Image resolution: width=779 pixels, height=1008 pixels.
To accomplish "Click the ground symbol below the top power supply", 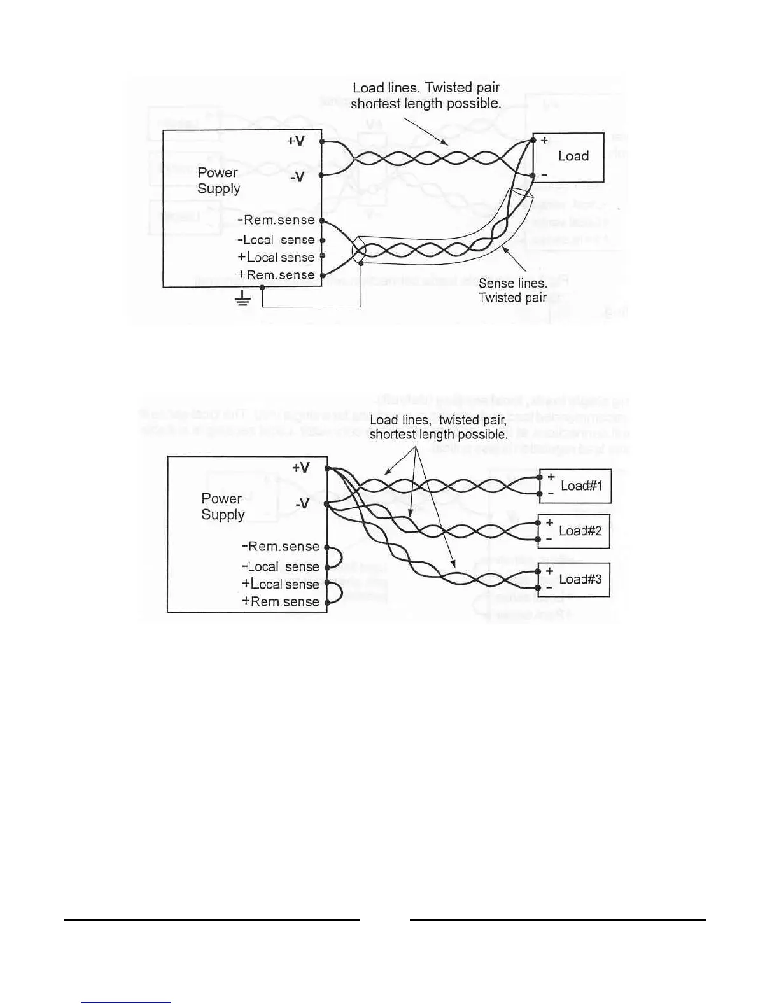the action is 242,299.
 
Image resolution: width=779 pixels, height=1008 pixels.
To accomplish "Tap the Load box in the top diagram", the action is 568,157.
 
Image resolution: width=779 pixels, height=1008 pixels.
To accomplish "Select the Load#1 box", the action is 575,486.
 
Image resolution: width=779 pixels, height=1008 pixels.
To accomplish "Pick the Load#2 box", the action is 574,531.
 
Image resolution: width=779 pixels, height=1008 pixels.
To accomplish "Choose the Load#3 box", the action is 574,579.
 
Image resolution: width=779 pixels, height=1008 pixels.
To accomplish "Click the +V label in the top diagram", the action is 295,141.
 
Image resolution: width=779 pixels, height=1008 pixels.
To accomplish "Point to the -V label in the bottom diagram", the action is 302,504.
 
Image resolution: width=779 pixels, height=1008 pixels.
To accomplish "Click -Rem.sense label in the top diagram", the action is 276,220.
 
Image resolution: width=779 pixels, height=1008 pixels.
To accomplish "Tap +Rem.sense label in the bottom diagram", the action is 280,602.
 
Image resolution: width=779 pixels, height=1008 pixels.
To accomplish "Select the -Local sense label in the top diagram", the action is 276,240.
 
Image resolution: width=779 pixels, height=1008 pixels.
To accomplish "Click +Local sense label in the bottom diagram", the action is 280,584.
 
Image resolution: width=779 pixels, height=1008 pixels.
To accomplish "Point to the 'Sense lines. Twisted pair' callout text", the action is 513,290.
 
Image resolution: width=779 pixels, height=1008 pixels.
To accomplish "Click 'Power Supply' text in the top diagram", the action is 218,181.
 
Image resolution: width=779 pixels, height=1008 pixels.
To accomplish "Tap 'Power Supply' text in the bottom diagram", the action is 222,507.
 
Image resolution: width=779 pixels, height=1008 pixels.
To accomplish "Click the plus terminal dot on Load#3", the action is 538,571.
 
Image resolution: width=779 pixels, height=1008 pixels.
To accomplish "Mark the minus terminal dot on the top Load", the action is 533,175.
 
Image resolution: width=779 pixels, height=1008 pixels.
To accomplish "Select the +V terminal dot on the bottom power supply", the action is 326,468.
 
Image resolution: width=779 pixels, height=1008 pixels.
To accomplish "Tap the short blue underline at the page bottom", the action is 126,1003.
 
